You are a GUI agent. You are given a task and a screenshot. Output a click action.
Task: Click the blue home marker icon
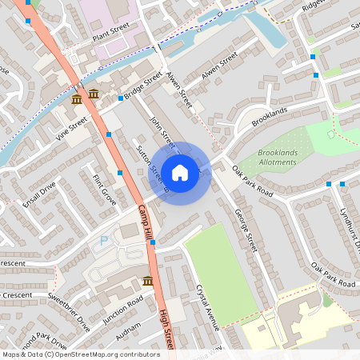[180, 172]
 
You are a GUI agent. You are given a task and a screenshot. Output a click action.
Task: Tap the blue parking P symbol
[102, 241]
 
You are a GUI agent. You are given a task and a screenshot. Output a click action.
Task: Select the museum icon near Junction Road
[148, 281]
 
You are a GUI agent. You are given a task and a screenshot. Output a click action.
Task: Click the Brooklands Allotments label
[266, 157]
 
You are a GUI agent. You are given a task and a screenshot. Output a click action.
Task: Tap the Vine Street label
[71, 128]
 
